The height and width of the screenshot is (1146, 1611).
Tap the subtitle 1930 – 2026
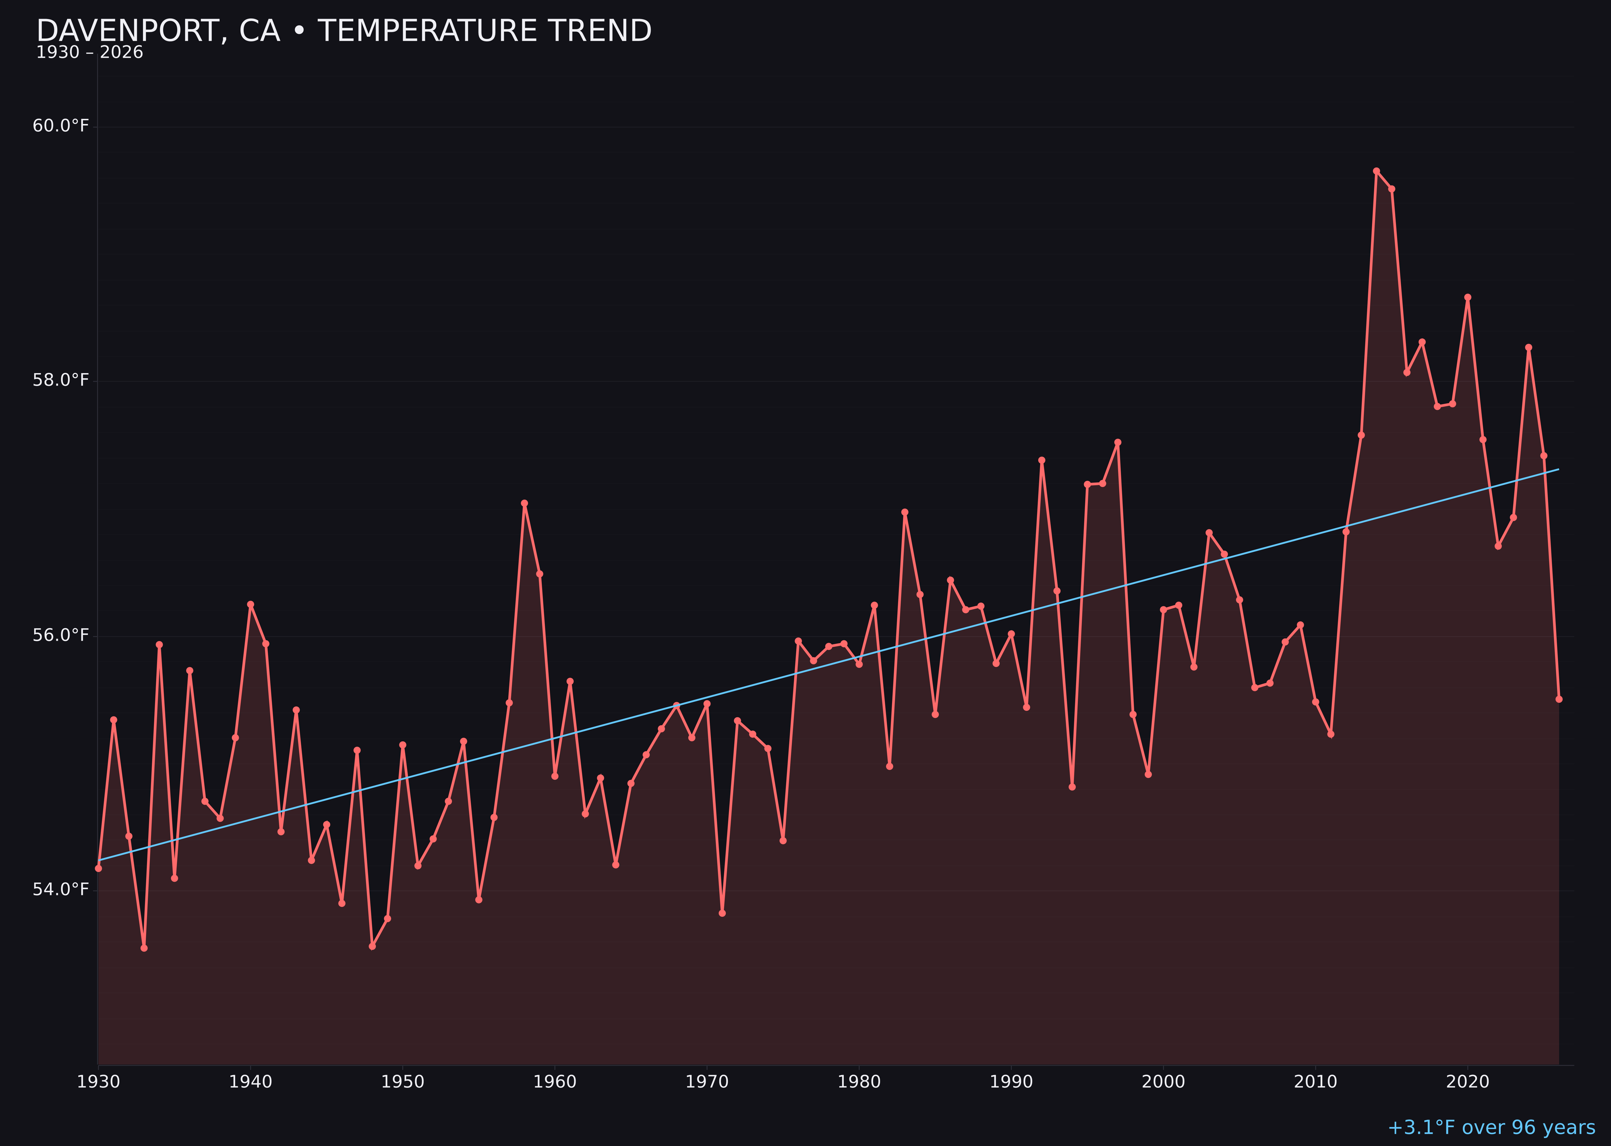[89, 53]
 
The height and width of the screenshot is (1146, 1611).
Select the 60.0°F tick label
[61, 126]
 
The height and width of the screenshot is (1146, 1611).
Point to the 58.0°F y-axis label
[61, 380]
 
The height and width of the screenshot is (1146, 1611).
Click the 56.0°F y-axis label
[61, 635]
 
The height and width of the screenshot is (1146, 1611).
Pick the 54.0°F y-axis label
[61, 889]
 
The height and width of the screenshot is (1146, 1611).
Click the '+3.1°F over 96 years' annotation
[1491, 1127]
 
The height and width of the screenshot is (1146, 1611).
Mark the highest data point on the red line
[1376, 171]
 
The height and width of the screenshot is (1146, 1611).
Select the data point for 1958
[524, 503]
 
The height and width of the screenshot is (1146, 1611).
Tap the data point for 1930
[98, 868]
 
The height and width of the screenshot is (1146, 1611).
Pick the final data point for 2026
[1559, 699]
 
